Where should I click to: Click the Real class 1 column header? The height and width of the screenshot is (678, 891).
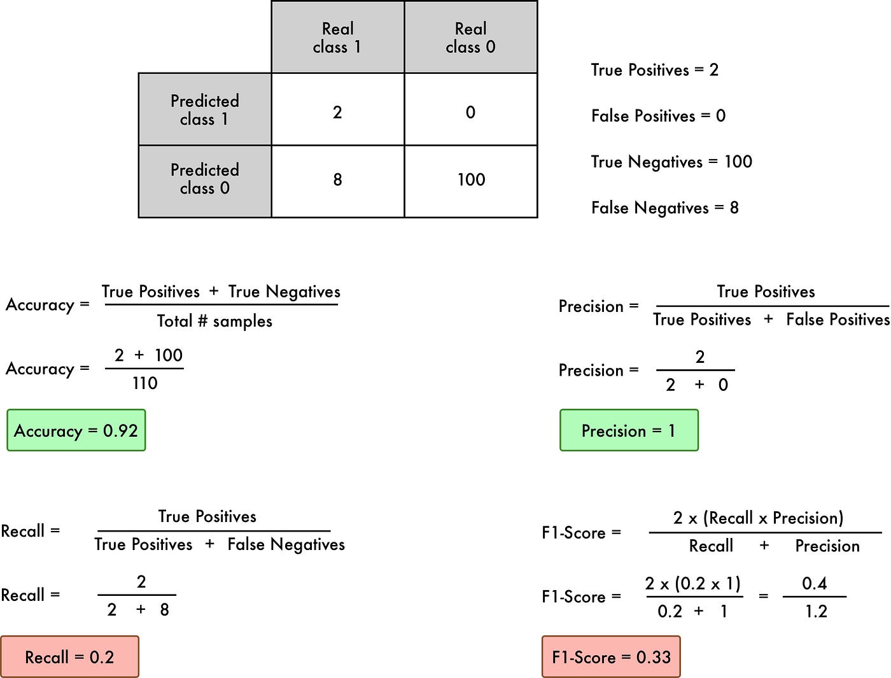coord(337,38)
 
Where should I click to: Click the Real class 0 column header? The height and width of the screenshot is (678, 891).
coord(470,38)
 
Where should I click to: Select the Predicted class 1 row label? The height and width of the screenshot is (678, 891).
coord(205,109)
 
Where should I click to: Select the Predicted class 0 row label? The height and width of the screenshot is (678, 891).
coord(205,179)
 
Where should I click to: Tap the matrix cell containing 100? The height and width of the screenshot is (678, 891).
coord(470,180)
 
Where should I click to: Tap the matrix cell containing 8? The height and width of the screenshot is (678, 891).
coord(337,180)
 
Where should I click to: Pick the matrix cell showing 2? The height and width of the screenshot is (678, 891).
coord(337,113)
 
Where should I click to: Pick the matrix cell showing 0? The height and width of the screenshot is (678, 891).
coord(470,113)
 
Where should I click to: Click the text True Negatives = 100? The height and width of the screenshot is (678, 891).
coord(671,162)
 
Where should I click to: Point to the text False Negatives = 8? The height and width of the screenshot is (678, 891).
coord(664,208)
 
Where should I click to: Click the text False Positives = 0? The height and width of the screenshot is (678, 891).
coord(658,116)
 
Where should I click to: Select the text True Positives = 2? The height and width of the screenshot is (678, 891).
coord(654,70)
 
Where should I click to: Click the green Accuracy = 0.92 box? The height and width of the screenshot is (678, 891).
coord(76,431)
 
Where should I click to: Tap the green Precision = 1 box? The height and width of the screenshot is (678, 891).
coord(629,431)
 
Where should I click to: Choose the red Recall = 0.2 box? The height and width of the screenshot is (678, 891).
coord(69,657)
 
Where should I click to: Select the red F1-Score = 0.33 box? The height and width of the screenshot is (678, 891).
coord(611,657)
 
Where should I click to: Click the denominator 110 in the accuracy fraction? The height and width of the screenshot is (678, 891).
coord(144,383)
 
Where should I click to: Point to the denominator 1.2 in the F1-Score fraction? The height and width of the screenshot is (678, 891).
coord(816,612)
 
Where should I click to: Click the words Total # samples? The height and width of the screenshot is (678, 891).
coord(214,321)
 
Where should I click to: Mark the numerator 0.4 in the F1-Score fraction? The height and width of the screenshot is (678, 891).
coord(815,583)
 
